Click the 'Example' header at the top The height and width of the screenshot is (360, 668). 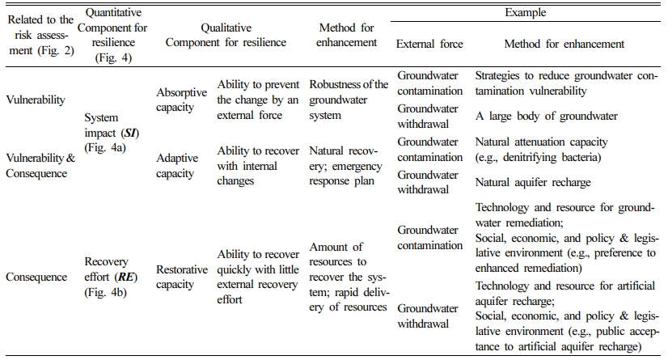[x=526, y=13]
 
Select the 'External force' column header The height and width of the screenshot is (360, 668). [x=429, y=44]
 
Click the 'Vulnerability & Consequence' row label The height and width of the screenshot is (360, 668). [x=40, y=166]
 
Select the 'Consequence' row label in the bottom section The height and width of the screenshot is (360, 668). [x=36, y=277]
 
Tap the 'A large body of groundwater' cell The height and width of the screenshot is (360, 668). [x=546, y=116]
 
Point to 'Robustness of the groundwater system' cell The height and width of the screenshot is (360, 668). [x=348, y=100]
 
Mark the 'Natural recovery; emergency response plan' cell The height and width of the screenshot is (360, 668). [x=343, y=166]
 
